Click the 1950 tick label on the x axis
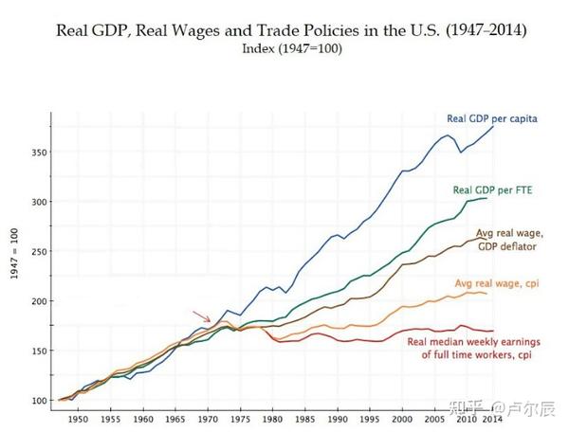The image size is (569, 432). (79, 418)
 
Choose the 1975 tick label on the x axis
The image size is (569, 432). (241, 418)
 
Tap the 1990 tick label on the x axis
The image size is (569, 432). (339, 418)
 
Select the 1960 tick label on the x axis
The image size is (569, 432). (144, 418)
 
